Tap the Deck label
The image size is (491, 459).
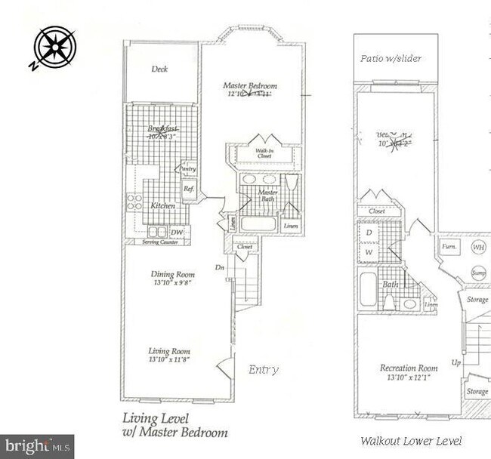(x=159, y=69)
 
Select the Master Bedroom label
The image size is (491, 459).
(x=249, y=86)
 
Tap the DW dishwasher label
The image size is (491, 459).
(x=177, y=233)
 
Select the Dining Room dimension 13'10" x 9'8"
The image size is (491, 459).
(x=173, y=284)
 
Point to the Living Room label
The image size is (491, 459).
(x=170, y=351)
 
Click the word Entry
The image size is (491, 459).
(x=263, y=370)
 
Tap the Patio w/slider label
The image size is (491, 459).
(x=391, y=58)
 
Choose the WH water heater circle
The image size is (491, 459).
(x=478, y=247)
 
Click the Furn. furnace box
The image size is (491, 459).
(x=448, y=248)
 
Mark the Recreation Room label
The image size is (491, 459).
(x=409, y=368)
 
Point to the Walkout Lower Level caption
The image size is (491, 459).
(x=410, y=441)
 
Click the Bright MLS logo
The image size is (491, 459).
(x=37, y=446)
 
